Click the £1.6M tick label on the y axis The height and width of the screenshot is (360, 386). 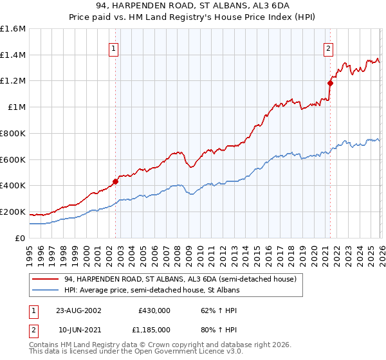[x=13, y=29]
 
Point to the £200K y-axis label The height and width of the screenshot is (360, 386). [x=13, y=212]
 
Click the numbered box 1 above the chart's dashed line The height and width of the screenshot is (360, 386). [x=114, y=48]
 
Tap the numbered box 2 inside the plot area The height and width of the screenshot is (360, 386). [x=329, y=48]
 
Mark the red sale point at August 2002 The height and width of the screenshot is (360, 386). [x=116, y=181]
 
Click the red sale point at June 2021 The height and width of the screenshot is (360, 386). [x=330, y=83]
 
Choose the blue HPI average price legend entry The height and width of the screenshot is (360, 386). [x=152, y=291]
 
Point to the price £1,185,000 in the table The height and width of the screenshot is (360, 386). [x=154, y=328]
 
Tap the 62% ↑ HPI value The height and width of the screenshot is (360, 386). [x=205, y=309]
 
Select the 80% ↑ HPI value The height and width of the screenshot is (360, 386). [x=205, y=328]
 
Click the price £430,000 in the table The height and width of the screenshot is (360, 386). [x=154, y=309]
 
